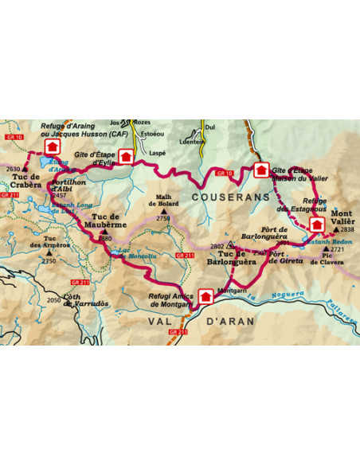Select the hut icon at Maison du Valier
pyautogui.click(x=260, y=169)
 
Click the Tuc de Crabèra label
pyautogui.click(x=28, y=180)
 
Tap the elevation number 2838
pyautogui.click(x=347, y=229)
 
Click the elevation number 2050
pyautogui.click(x=53, y=299)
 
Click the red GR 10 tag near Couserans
pyautogui.click(x=225, y=173)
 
